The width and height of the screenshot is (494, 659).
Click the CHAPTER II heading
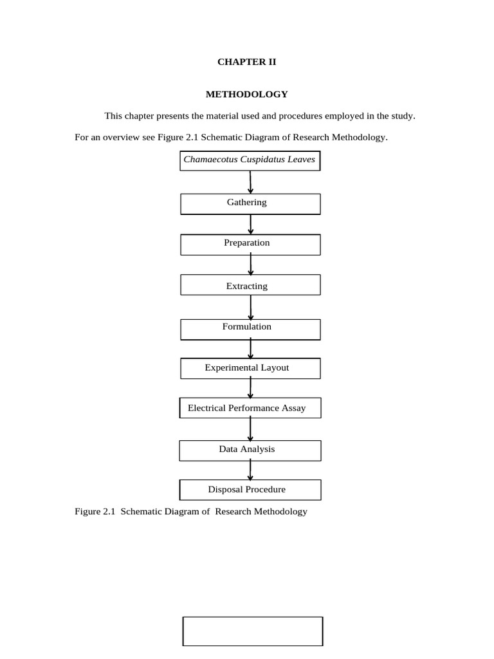pyautogui.click(x=246, y=62)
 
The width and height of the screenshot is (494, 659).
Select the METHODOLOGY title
pyautogui.click(x=246, y=94)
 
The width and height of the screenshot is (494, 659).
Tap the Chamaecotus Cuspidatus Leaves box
pyautogui.click(x=250, y=161)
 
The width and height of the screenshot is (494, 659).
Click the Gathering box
pyautogui.click(x=250, y=204)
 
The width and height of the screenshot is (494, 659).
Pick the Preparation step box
pyautogui.click(x=250, y=245)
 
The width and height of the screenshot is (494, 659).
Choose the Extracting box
pyautogui.click(x=250, y=285)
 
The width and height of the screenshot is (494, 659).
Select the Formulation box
pyautogui.click(x=250, y=329)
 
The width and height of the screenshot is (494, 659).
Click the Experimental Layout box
pyautogui.click(x=250, y=369)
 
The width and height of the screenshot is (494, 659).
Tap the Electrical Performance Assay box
pyautogui.click(x=250, y=408)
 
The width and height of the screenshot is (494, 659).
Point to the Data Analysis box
pyautogui.click(x=250, y=450)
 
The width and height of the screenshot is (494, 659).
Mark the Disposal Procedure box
pyautogui.click(x=250, y=490)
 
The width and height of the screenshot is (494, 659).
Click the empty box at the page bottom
pyautogui.click(x=253, y=631)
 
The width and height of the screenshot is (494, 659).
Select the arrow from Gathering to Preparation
pyautogui.click(x=251, y=225)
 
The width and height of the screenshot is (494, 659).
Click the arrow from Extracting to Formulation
pyautogui.click(x=251, y=308)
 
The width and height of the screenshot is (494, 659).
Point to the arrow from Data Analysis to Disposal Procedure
pyautogui.click(x=250, y=470)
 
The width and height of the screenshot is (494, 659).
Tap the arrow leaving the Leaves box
pyautogui.click(x=250, y=182)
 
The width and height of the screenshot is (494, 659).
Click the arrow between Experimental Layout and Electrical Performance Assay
pyautogui.click(x=250, y=387)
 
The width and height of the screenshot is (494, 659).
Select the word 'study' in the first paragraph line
pyautogui.click(x=403, y=116)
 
